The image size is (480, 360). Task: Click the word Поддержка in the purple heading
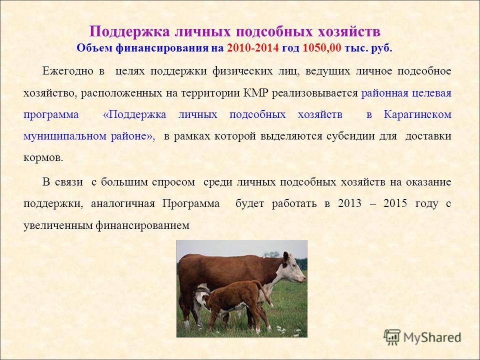[x=129, y=31]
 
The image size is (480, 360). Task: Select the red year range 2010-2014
[x=253, y=48]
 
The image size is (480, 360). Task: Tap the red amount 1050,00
[x=321, y=48]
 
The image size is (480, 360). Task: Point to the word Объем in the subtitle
[x=94, y=48]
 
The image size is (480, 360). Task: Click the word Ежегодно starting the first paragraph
[x=67, y=71]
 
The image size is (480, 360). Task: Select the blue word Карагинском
[x=417, y=114]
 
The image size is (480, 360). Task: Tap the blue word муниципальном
[x=65, y=136]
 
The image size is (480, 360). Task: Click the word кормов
[x=43, y=158]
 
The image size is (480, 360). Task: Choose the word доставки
[x=428, y=136]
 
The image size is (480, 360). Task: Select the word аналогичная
[x=123, y=203]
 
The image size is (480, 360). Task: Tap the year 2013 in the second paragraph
[x=350, y=203]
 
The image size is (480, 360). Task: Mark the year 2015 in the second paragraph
[x=395, y=203]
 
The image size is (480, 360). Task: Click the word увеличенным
[x=58, y=226]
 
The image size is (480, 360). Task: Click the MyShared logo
[x=422, y=337]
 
